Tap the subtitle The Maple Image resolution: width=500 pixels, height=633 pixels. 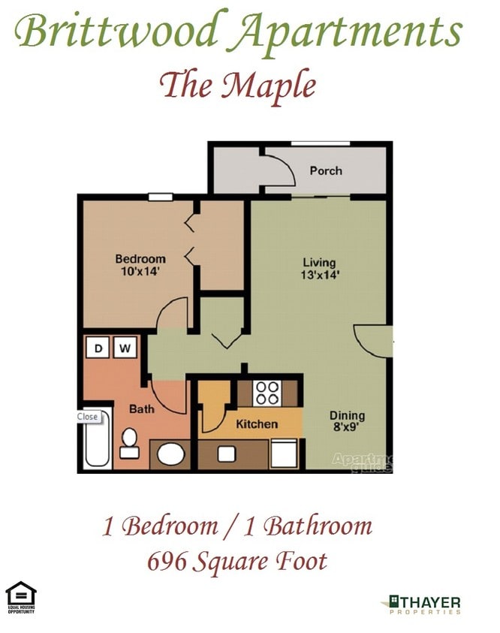click(x=237, y=85)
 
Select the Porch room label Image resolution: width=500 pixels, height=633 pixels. click(x=326, y=170)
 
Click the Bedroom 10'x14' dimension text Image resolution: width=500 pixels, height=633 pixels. click(x=140, y=272)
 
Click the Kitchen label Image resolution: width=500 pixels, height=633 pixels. click(x=257, y=424)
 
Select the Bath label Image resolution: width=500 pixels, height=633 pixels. click(x=142, y=409)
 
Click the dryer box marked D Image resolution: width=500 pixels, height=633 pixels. click(x=98, y=348)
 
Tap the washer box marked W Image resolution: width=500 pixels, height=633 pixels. click(x=125, y=348)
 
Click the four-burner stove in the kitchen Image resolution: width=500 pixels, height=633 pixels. click(x=267, y=392)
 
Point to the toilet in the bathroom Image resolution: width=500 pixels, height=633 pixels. click(x=129, y=443)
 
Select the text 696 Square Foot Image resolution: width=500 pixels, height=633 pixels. click(x=236, y=560)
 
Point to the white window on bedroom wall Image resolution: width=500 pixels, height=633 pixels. click(x=160, y=197)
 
